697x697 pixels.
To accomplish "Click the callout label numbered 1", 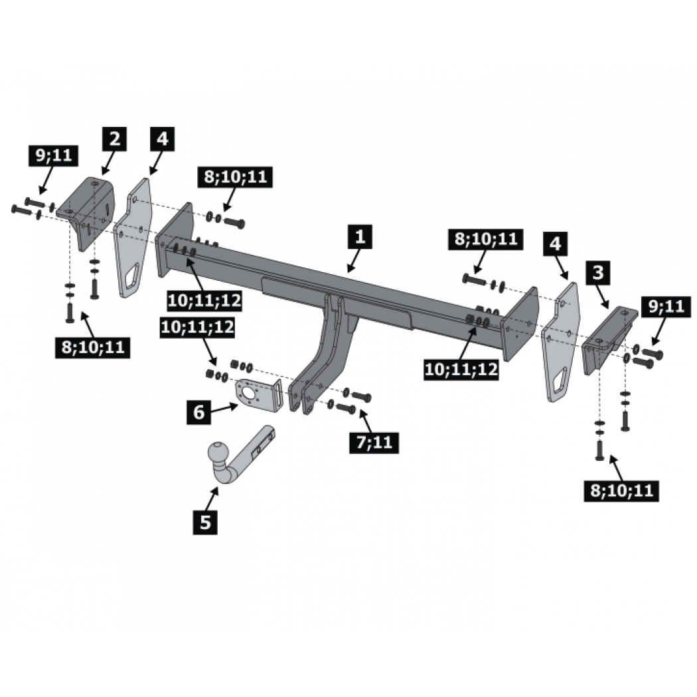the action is [360, 236].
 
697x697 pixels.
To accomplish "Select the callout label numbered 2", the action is [115, 139].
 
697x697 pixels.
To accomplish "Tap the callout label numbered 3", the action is [598, 272].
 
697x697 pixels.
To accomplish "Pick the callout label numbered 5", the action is [205, 522].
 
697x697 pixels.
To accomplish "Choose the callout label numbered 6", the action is [198, 412].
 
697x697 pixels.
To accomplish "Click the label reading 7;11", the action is [374, 442].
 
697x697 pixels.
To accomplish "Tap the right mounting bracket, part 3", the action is [608, 339].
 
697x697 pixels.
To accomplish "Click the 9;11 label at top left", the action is [53, 156].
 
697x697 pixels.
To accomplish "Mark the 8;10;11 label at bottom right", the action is [621, 491].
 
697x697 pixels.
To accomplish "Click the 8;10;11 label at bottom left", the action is [93, 347].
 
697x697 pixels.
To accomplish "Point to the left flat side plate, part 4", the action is [133, 238].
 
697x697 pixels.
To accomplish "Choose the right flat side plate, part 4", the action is [561, 343].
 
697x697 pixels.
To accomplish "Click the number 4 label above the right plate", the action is [555, 244].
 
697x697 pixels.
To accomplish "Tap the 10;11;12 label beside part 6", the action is [197, 327].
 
